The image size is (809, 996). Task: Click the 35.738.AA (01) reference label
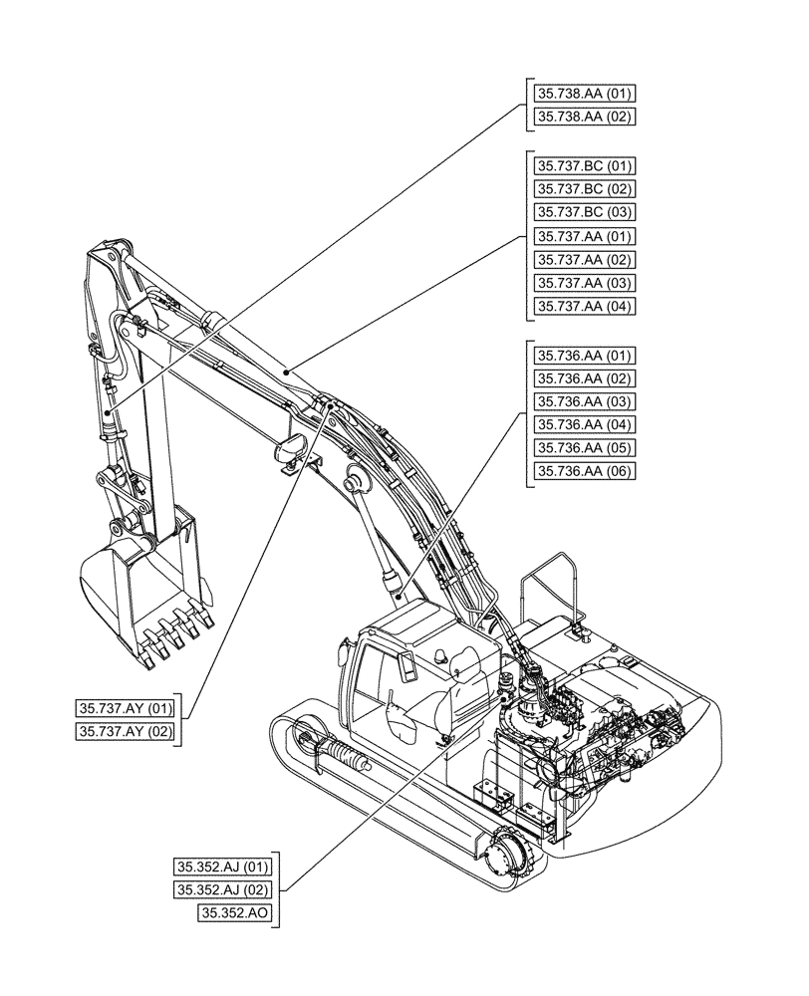[x=585, y=94]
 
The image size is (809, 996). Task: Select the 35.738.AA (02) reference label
[x=585, y=117]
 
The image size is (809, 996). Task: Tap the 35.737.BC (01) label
[x=585, y=165]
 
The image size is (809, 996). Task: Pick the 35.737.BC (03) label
[x=585, y=212]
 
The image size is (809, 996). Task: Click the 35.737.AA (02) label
[x=585, y=260]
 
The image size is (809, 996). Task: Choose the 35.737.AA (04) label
[x=585, y=307]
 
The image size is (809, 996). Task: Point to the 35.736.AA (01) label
[x=585, y=356]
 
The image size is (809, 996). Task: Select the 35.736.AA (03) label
[x=585, y=401]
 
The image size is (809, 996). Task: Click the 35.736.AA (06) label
[x=585, y=471]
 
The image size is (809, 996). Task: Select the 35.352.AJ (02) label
[x=221, y=888]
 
